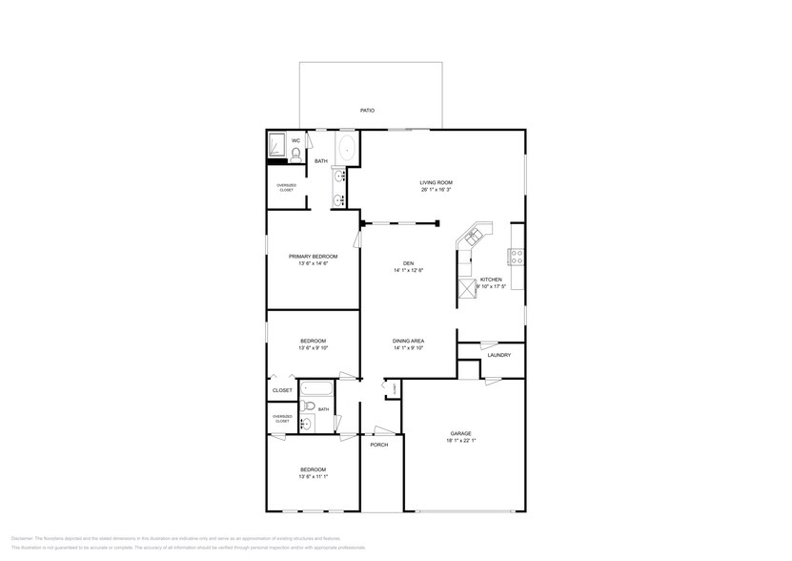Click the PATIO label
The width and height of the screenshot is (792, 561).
click(367, 111)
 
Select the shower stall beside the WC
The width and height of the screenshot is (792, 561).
click(277, 145)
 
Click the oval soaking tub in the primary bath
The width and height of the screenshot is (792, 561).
click(346, 149)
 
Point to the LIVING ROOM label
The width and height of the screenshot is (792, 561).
click(436, 182)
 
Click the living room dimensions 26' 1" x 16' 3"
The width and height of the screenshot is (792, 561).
click(436, 190)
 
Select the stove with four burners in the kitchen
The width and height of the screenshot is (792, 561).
click(517, 257)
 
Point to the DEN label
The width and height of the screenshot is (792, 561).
click(408, 263)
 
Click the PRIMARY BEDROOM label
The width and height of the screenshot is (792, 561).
click(313, 256)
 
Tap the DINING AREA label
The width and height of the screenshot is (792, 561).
click(408, 341)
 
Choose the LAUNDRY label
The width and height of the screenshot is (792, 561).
click(498, 355)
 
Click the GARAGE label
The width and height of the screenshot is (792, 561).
click(461, 433)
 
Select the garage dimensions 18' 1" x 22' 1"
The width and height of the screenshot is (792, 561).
click(461, 441)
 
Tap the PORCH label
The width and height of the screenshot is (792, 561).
click(379, 445)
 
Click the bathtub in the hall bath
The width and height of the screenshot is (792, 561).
click(315, 389)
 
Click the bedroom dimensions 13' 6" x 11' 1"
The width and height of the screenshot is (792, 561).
click(313, 477)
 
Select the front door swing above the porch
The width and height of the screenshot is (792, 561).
click(383, 429)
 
